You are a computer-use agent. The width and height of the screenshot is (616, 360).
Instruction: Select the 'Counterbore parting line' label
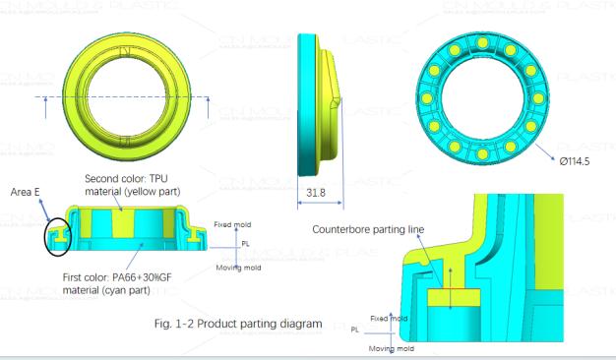point(368,229)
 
